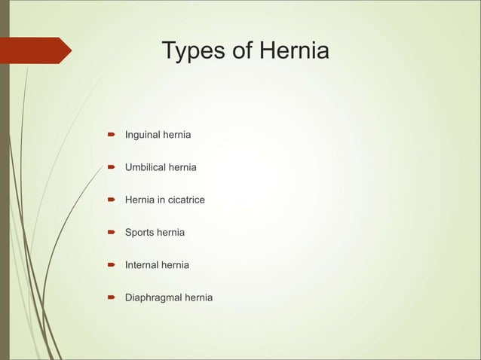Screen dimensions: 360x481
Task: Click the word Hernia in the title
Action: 294,52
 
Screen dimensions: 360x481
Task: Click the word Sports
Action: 139,233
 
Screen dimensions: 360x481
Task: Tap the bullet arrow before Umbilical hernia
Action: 109,167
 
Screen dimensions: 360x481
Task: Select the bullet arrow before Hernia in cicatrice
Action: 109,200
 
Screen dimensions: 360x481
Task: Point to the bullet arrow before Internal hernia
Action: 109,265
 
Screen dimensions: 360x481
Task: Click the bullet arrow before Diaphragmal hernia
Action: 109,297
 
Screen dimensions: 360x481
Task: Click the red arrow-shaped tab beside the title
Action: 38,50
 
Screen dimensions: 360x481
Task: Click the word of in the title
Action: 244,52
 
